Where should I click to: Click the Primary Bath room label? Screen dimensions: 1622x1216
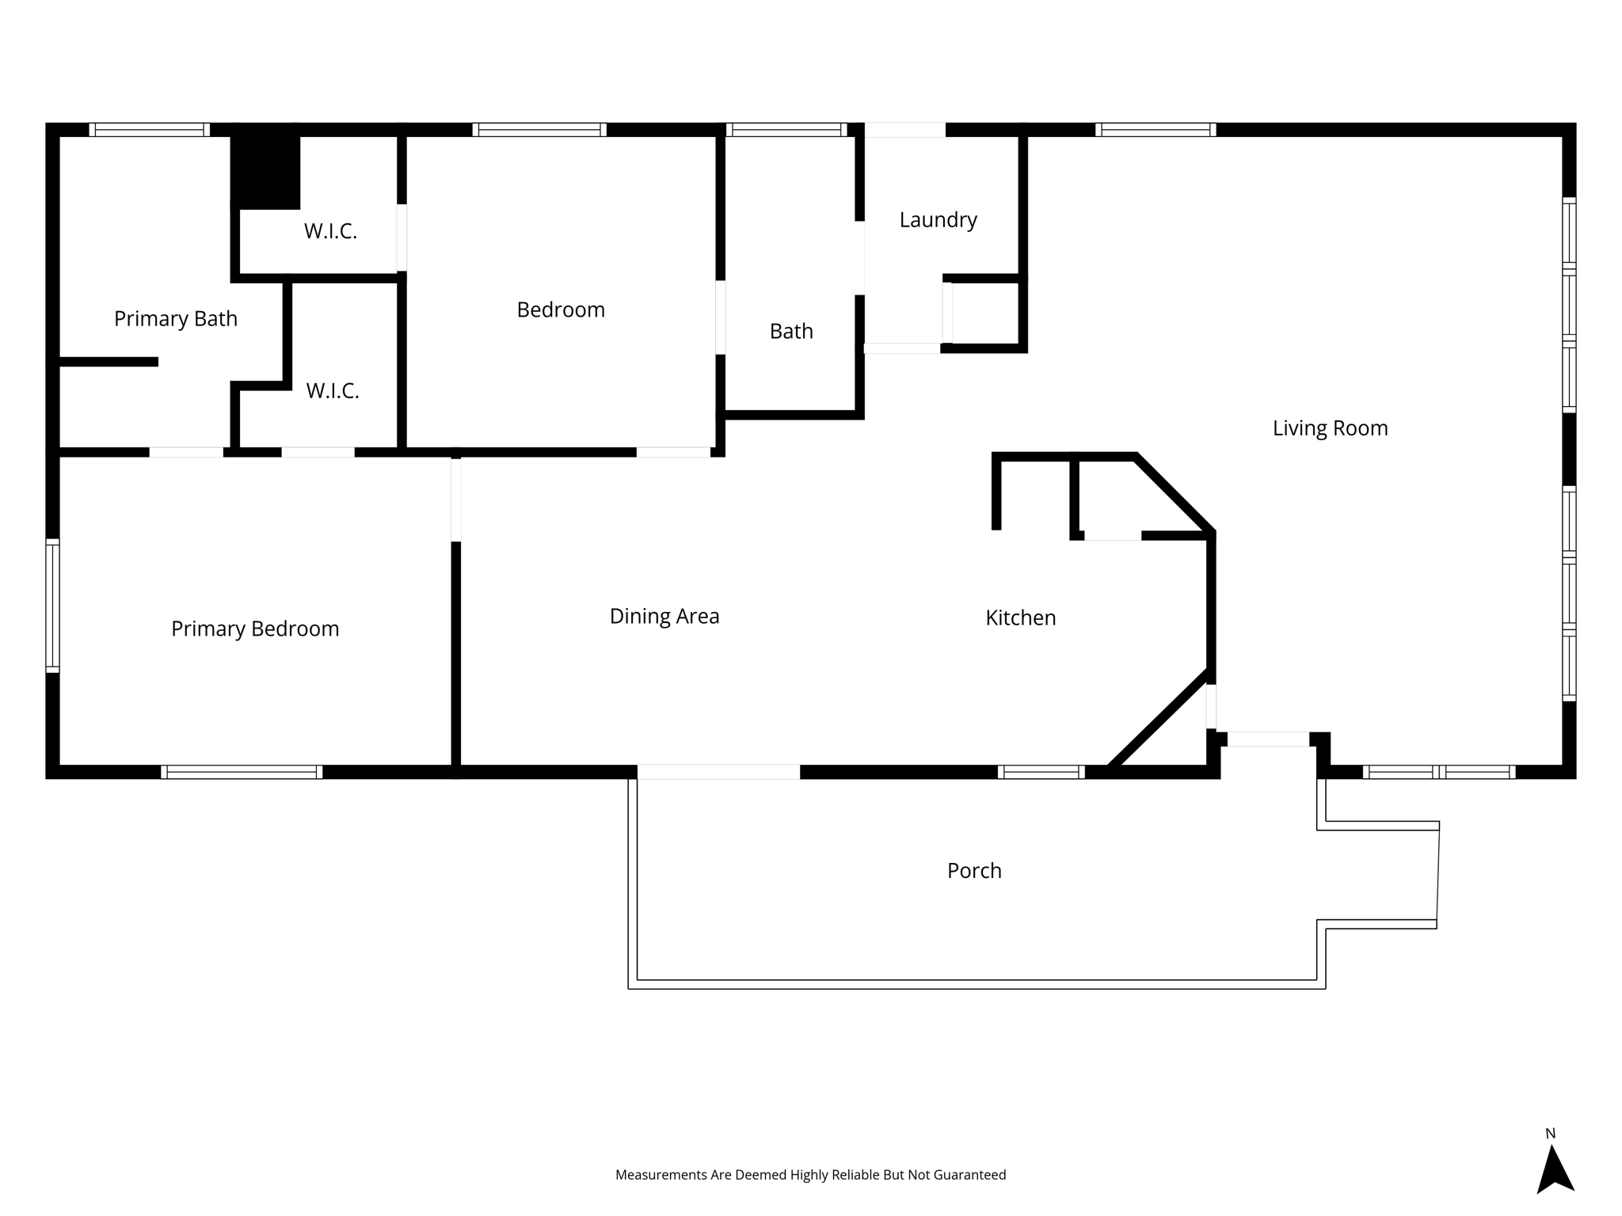(x=176, y=318)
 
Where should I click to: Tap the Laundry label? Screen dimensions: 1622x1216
(x=938, y=220)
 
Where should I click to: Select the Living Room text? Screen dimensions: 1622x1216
(x=1330, y=428)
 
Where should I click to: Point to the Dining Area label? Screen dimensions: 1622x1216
(x=664, y=616)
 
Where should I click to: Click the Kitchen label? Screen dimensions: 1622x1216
(x=1020, y=617)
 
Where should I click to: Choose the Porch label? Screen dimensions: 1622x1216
(x=974, y=871)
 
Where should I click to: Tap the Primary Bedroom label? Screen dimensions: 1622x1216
(x=255, y=629)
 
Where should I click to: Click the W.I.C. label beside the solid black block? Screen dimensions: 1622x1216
(x=330, y=231)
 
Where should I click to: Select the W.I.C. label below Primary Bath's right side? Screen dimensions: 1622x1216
(x=333, y=390)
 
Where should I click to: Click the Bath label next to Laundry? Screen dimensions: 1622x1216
(x=791, y=331)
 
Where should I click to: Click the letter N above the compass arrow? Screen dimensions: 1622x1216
(x=1551, y=1134)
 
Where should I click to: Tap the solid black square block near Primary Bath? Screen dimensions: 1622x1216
(x=265, y=166)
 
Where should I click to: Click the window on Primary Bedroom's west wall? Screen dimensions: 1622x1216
(x=52, y=606)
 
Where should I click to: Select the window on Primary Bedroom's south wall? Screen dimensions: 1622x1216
(x=242, y=772)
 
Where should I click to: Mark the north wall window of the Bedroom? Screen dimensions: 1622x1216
(x=539, y=130)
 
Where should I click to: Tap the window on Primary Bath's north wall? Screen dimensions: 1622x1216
(x=150, y=130)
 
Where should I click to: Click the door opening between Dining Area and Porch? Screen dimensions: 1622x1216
(x=718, y=772)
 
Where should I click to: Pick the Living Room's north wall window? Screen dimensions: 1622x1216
(x=1156, y=130)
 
